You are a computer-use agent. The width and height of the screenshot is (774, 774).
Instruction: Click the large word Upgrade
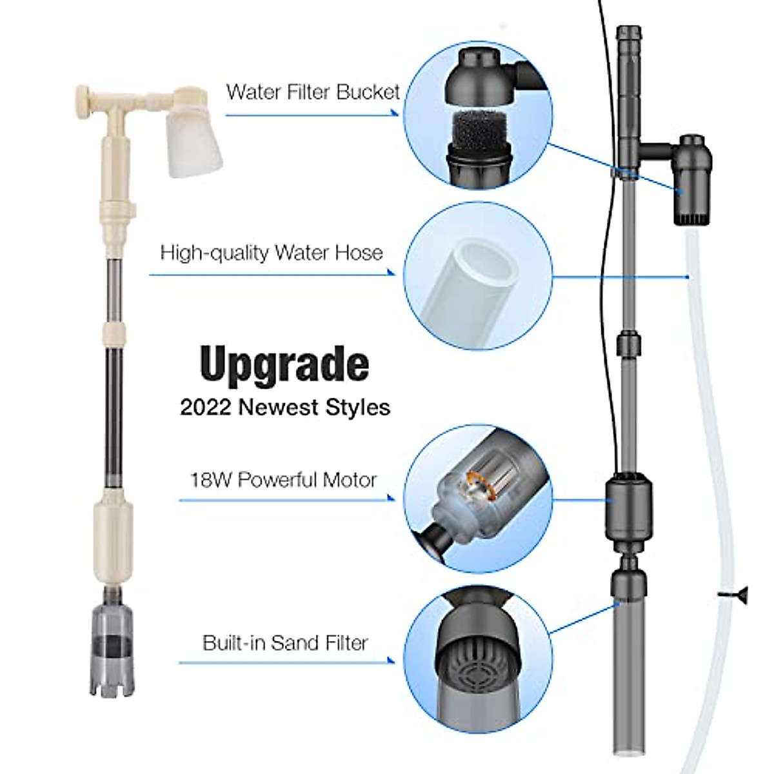click(284, 365)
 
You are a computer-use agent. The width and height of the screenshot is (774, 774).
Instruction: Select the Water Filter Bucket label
click(313, 92)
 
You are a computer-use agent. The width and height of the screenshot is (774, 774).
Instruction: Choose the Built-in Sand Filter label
click(285, 642)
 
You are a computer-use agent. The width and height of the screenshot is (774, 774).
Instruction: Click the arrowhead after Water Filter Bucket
click(394, 113)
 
